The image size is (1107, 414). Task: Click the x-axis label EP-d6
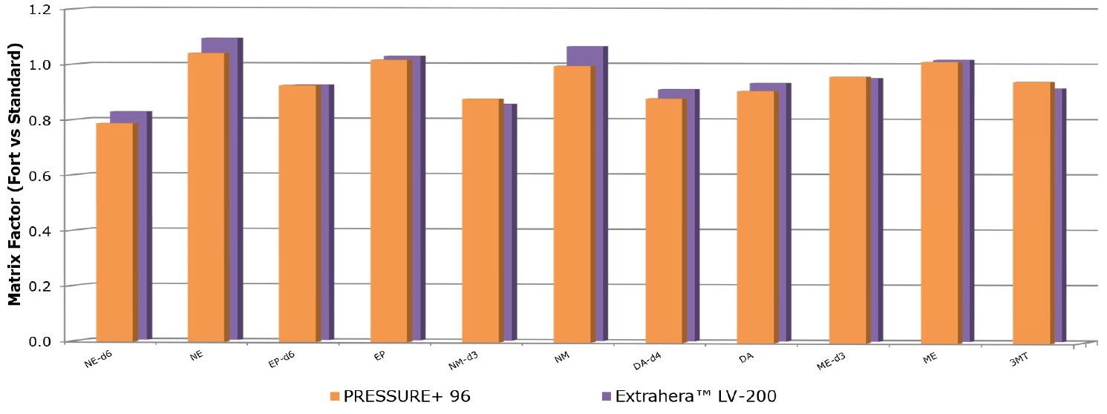pos(282,359)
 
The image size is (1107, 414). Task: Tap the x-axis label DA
pos(747,357)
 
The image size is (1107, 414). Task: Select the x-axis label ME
pos(930,357)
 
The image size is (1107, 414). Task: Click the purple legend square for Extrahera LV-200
pos(605,396)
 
